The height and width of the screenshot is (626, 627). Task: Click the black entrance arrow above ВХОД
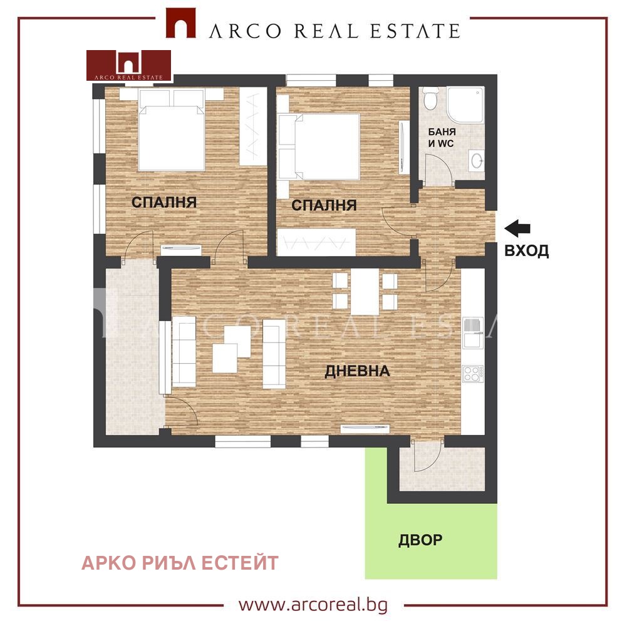517,228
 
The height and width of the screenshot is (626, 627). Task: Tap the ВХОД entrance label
526,250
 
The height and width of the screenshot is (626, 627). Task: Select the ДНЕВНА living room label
357,371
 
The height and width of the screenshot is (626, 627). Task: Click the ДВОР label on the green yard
420,540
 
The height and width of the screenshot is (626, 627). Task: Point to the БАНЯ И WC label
442,138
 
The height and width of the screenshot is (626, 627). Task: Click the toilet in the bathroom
430,98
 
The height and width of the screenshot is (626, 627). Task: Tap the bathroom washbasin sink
477,161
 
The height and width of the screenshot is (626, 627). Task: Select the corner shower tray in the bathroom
465,105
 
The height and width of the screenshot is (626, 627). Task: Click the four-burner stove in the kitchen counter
472,374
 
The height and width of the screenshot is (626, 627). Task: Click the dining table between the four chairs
365,292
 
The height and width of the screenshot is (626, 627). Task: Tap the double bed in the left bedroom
172,131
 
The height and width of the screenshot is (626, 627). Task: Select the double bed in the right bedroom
319,146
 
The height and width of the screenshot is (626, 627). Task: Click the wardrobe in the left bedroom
253,126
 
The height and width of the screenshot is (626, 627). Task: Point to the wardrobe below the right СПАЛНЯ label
316,242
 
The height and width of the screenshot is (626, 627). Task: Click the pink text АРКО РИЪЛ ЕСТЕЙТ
180,563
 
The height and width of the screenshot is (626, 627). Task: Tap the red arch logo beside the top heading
181,23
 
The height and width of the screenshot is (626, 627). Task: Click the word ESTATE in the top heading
415,31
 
